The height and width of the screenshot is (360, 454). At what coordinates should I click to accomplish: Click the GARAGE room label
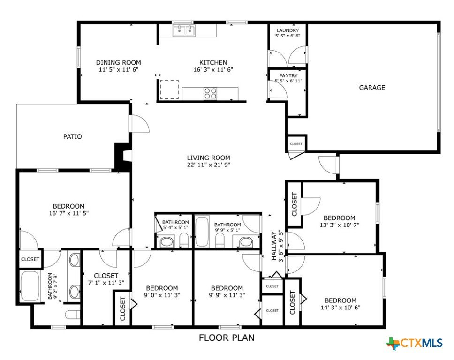tap(372, 87)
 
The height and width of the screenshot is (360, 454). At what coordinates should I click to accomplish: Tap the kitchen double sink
tap(184, 30)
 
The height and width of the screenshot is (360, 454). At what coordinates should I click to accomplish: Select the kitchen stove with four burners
tap(211, 93)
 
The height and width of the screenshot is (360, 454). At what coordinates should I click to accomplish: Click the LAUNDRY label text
tap(288, 30)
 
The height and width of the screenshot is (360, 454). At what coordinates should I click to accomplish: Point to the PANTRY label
tap(288, 75)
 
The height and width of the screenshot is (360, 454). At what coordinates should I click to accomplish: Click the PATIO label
tap(72, 136)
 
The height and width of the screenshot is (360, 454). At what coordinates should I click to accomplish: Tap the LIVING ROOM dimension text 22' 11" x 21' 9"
tap(208, 165)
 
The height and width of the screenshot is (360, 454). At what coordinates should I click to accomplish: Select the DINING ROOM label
tap(118, 62)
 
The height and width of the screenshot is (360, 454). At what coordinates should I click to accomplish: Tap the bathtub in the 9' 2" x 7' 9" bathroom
tap(30, 286)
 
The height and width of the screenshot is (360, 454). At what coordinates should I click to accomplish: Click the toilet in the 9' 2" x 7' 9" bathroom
tap(72, 314)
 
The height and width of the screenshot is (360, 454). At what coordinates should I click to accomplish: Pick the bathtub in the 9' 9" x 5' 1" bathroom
tap(203, 231)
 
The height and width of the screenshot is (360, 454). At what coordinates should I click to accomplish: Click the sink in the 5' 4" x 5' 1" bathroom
tap(167, 242)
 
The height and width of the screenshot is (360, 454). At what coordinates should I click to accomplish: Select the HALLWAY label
tap(273, 246)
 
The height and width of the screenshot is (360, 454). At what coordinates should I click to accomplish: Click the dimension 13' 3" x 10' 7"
tap(340, 225)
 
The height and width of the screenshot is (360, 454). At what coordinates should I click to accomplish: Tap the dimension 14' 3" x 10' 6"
tap(340, 307)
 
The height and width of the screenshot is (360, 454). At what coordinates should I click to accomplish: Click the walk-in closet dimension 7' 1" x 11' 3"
tap(106, 283)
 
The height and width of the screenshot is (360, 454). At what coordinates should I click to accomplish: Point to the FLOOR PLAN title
tap(227, 337)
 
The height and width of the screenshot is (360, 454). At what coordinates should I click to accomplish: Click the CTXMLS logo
tap(414, 343)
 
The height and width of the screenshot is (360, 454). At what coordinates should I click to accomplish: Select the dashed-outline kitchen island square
tap(169, 90)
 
